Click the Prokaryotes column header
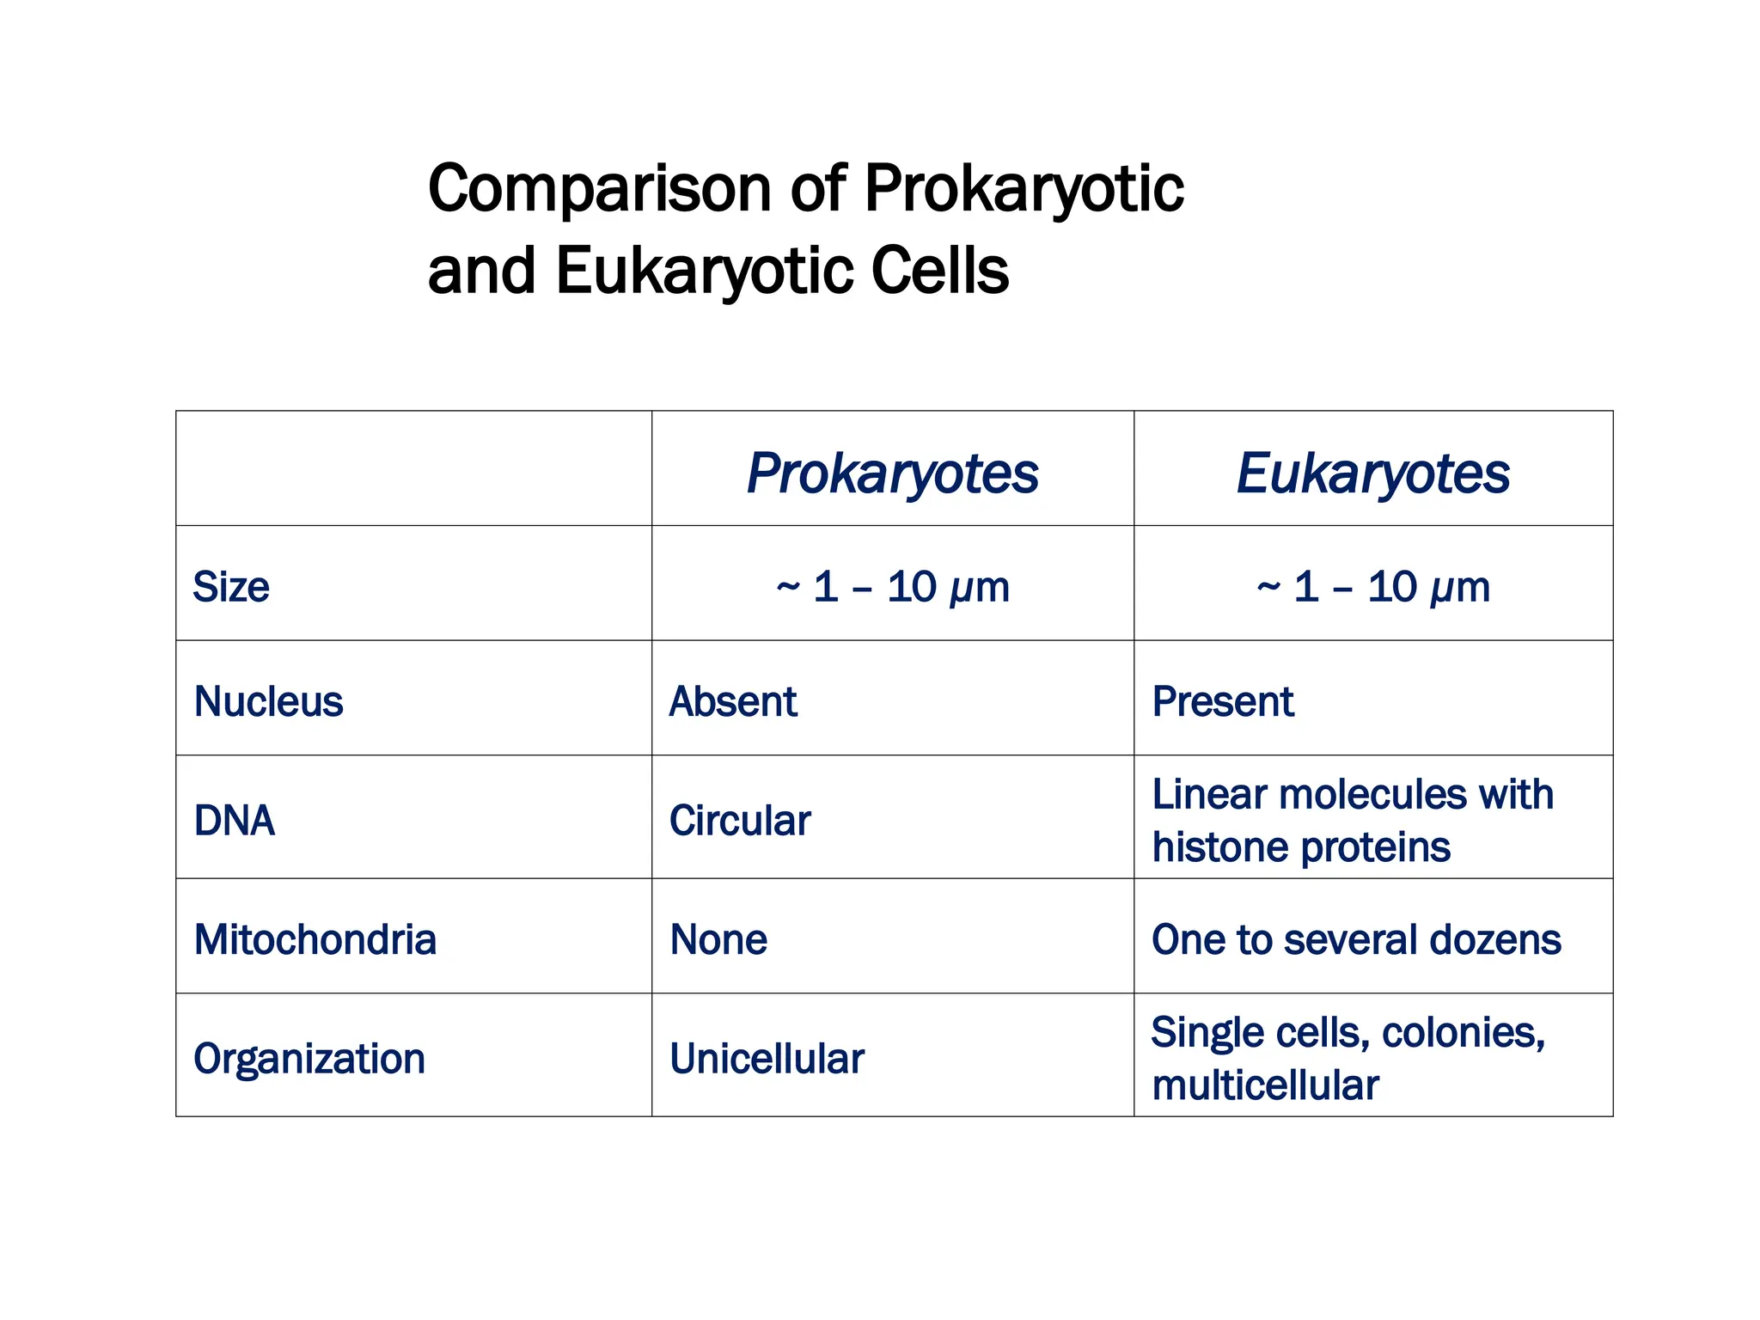click(892, 474)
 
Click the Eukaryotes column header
click(1372, 474)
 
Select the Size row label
click(231, 587)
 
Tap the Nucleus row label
click(268, 701)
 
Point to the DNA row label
click(235, 820)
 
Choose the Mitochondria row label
click(315, 939)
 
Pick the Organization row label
click(309, 1059)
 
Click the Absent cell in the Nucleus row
click(733, 701)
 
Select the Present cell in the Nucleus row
click(1222, 701)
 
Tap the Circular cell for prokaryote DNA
click(740, 820)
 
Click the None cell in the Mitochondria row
click(718, 939)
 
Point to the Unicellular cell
click(767, 1059)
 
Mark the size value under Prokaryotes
click(892, 587)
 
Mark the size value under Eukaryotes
click(1372, 587)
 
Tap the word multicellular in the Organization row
click(1265, 1085)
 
